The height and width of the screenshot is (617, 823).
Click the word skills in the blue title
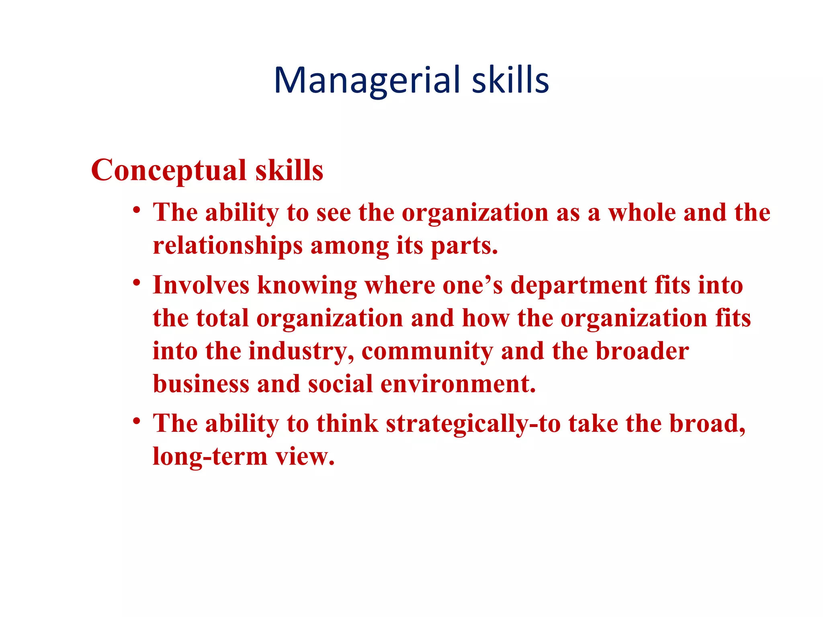coord(510,80)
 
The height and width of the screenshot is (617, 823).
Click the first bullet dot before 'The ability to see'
coord(137,210)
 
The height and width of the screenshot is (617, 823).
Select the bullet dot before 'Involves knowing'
coord(137,283)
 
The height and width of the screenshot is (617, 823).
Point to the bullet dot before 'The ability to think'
coord(137,421)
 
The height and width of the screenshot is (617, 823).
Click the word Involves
coord(201,285)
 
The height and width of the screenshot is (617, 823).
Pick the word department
coord(579,285)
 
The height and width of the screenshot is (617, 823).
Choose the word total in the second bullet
coord(222,318)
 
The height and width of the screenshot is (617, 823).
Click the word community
coord(427,351)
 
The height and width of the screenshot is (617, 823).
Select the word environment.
coord(458,384)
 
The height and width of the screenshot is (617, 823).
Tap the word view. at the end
coord(305,457)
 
